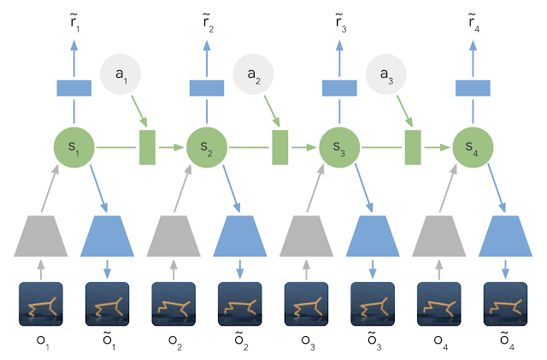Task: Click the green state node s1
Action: [73, 147]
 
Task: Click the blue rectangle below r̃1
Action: [73, 87]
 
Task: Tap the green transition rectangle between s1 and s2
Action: [147, 147]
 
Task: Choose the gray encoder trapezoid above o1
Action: [40, 235]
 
